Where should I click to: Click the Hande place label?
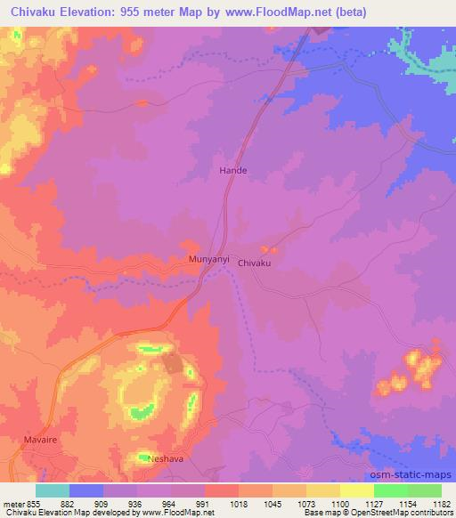pyautogui.click(x=233, y=169)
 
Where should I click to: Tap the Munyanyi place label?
pyautogui.click(x=209, y=259)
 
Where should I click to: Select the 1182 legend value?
pyautogui.click(x=440, y=504)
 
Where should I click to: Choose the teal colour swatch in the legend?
pyautogui.click(x=53, y=490)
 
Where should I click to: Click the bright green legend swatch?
pyautogui.click(x=391, y=490)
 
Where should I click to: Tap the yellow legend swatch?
pyautogui.click(x=357, y=490)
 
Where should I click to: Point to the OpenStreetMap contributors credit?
pyautogui.click(x=411, y=514)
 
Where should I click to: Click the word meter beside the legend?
pyautogui.click(x=13, y=504)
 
